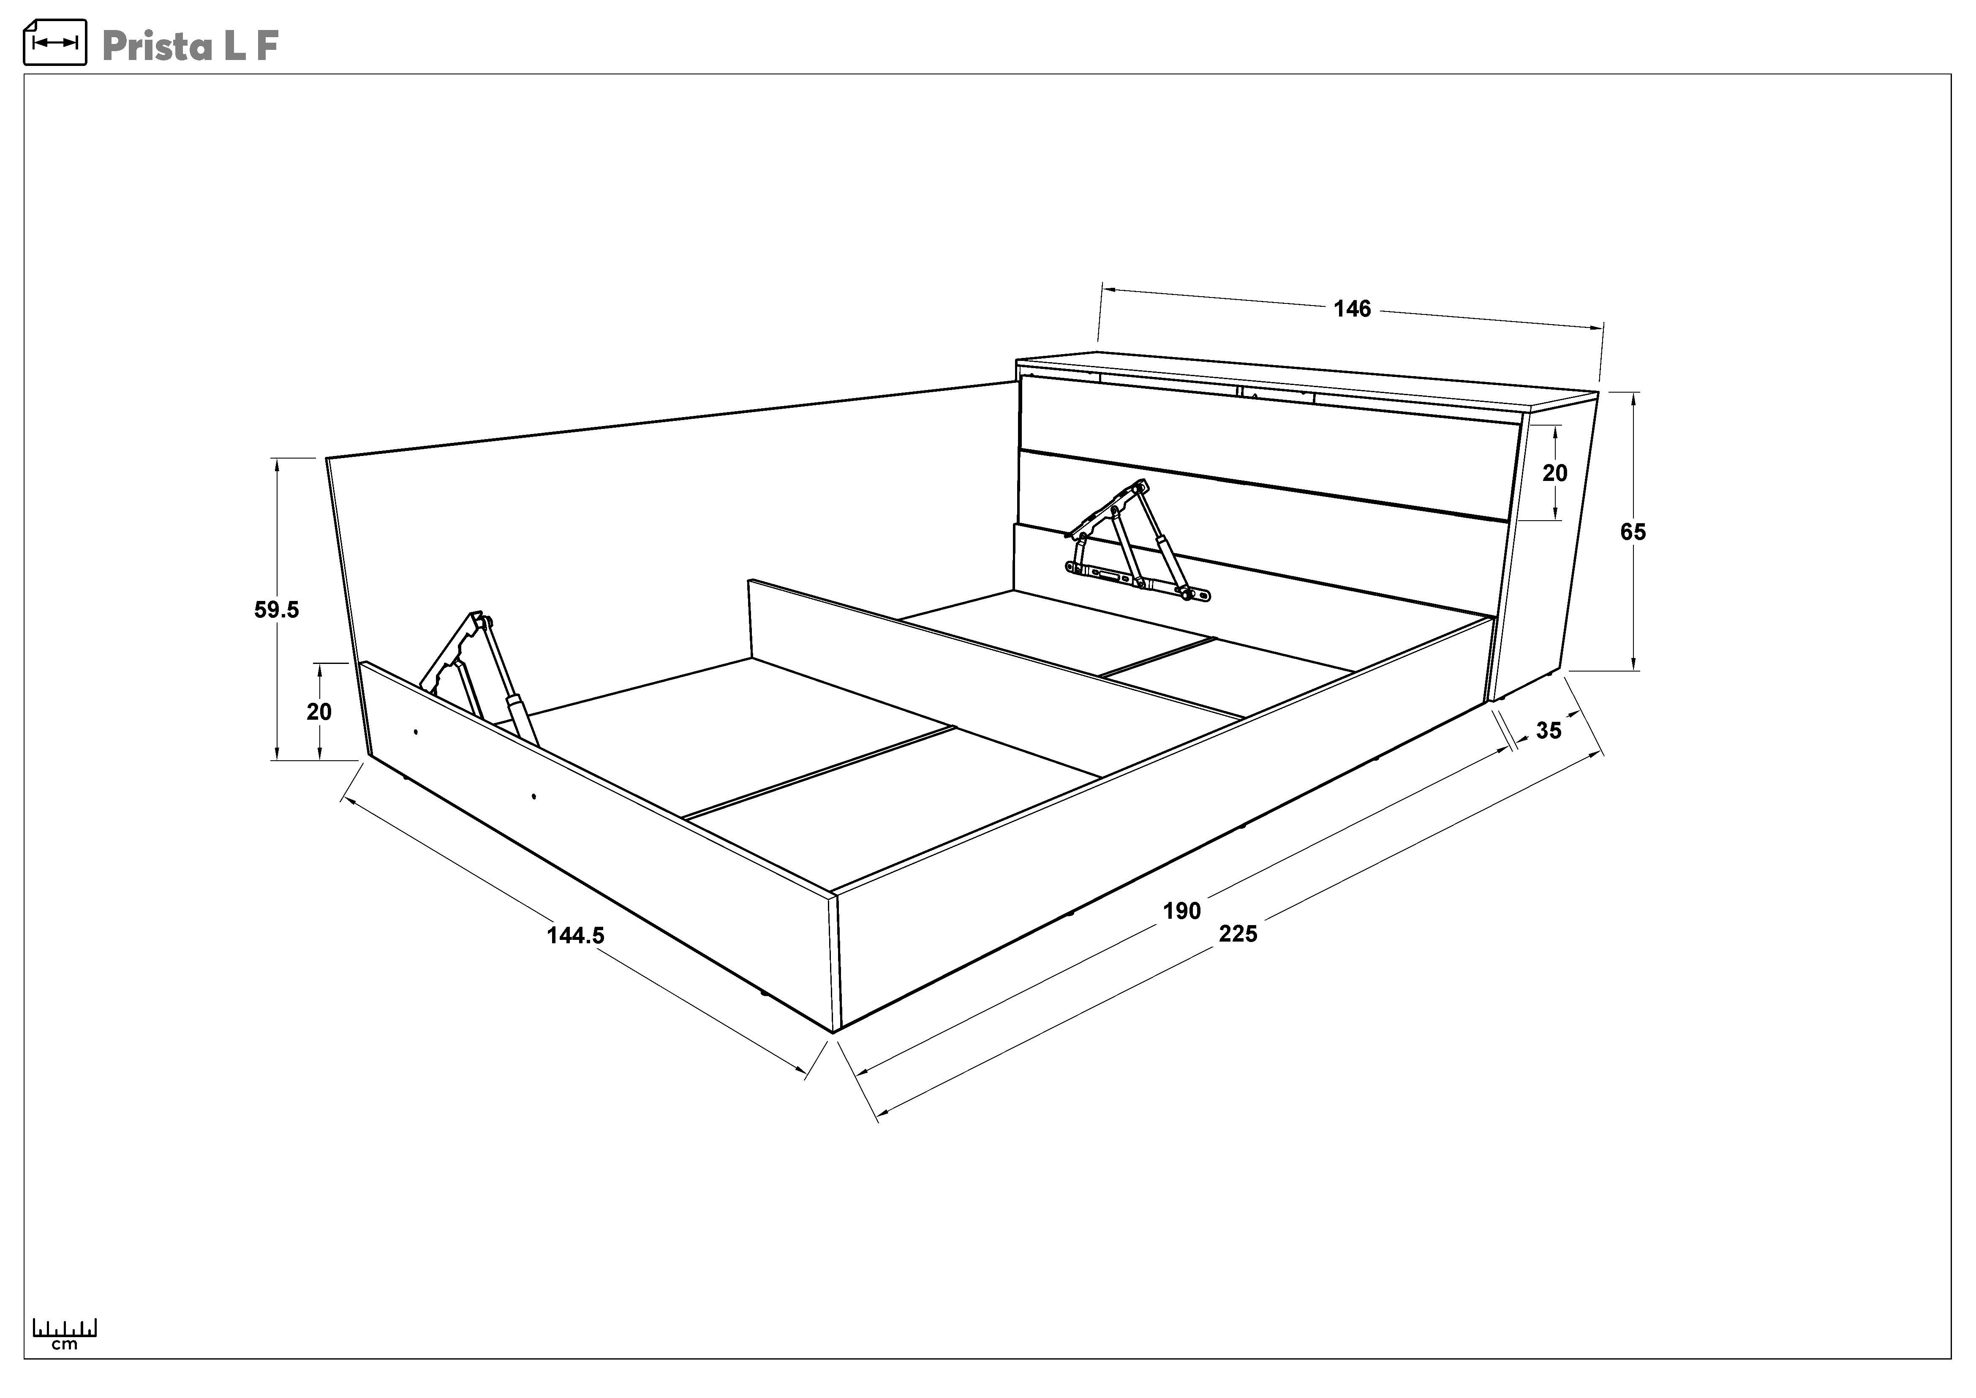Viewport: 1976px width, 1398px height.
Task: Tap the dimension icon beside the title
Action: (55, 42)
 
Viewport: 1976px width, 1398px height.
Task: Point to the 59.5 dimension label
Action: (276, 609)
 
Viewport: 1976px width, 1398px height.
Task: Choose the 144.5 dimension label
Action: (576, 935)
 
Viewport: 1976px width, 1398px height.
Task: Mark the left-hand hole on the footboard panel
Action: (416, 732)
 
